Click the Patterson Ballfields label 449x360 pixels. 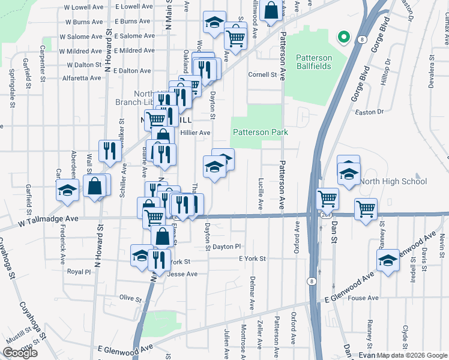coord(313,62)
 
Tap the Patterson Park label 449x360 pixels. coord(260,132)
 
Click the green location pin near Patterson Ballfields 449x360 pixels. coord(344,37)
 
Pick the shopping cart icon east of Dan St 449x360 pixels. coord(366,209)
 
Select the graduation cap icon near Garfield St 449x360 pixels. coord(67,190)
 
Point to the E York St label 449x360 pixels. coord(252,259)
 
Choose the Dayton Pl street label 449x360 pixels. coord(226,246)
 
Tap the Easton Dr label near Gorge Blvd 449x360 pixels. coord(369,112)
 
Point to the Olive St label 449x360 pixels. coord(130,298)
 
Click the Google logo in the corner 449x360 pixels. coord(20,353)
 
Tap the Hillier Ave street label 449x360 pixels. coord(196,133)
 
